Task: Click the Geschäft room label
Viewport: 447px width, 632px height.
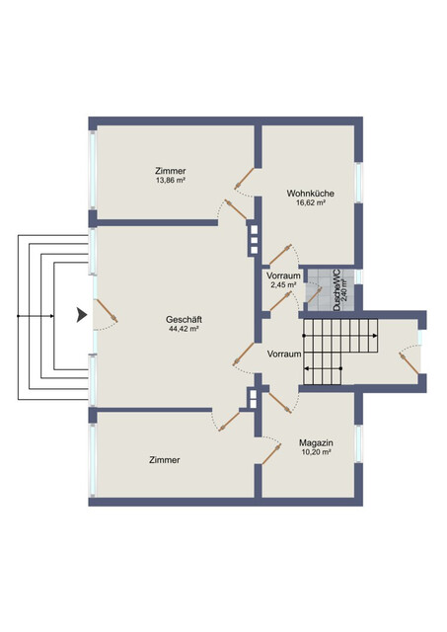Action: (184, 320)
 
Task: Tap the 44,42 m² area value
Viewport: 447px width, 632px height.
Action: (184, 329)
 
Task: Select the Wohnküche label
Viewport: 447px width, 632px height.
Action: (310, 194)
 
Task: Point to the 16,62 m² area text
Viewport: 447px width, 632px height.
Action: (311, 202)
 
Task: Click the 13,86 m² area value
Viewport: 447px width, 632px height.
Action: (171, 180)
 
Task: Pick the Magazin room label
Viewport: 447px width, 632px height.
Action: (316, 443)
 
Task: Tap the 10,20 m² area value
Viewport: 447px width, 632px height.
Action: (316, 452)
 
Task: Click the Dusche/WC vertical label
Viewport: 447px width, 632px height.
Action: (337, 289)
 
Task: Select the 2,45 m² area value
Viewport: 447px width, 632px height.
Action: (283, 284)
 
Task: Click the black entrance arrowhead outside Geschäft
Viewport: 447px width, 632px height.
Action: (82, 315)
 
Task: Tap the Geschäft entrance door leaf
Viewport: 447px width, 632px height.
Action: (108, 310)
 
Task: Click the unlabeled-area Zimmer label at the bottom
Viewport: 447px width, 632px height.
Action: (165, 460)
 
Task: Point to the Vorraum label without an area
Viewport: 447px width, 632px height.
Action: (284, 354)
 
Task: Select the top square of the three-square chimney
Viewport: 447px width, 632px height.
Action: (255, 229)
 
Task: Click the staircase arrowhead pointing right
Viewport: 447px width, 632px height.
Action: (375, 336)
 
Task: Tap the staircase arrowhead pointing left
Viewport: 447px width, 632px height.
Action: (307, 368)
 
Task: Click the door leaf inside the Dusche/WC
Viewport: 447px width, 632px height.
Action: (315, 295)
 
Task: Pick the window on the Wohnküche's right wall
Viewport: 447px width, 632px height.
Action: (358, 183)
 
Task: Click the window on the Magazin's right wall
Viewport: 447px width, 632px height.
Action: (358, 443)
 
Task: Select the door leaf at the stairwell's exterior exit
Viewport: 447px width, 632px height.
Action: (409, 363)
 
